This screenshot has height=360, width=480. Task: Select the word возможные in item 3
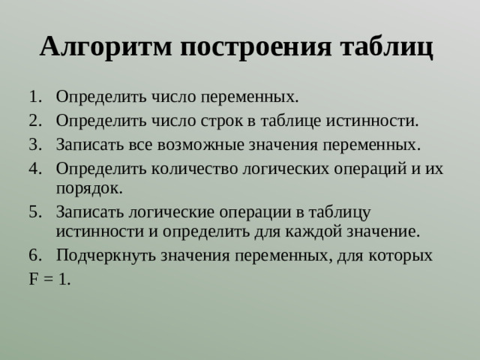[199, 143]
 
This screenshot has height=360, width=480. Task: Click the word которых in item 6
[403, 255]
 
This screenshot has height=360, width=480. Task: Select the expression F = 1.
[50, 279]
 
